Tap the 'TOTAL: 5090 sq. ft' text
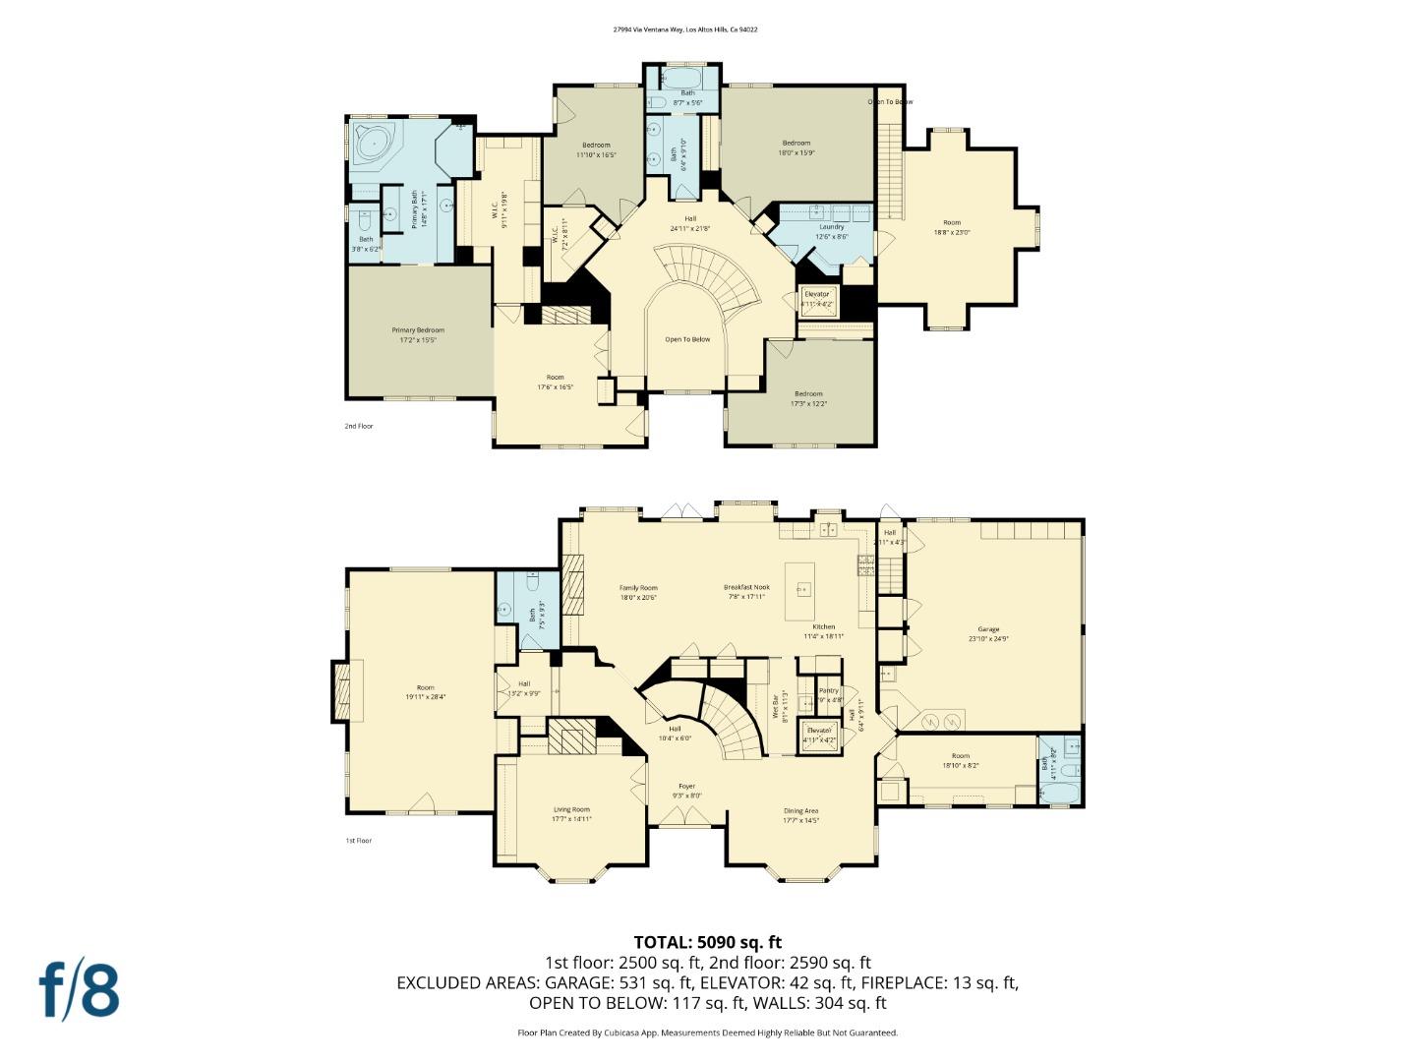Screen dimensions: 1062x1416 point(707,942)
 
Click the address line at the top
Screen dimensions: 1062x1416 point(684,29)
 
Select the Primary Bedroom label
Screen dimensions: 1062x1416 point(418,330)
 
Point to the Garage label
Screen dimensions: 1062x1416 point(988,629)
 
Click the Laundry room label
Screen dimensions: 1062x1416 point(831,226)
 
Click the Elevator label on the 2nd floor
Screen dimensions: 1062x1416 point(817,294)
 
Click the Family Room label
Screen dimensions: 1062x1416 point(638,588)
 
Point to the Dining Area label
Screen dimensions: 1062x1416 point(800,810)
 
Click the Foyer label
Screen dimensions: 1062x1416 point(686,787)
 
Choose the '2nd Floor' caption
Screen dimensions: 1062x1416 point(358,426)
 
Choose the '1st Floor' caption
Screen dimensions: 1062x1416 point(358,841)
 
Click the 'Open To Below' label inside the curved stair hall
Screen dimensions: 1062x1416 point(687,339)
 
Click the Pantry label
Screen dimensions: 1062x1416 point(829,690)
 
